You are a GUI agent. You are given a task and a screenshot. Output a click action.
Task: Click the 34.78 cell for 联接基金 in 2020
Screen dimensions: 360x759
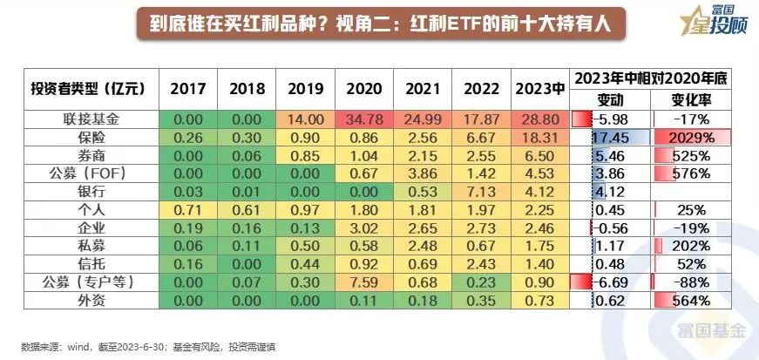pyautogui.click(x=364, y=119)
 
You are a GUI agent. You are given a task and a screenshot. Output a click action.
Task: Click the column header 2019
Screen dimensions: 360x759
pyautogui.click(x=305, y=89)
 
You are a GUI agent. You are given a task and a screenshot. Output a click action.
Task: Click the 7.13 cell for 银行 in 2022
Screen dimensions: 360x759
pyautogui.click(x=483, y=192)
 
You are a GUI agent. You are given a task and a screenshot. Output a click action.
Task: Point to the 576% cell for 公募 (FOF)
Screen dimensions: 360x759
pyautogui.click(x=692, y=174)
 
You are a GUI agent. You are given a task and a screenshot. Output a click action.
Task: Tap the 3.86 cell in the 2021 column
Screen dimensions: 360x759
pyautogui.click(x=424, y=174)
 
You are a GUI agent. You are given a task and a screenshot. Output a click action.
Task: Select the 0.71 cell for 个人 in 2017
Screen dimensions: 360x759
pyautogui.click(x=187, y=210)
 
